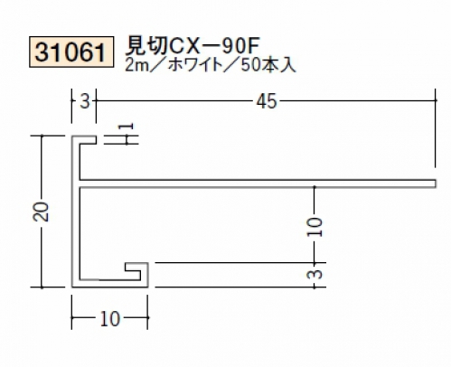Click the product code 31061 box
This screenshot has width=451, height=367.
click(71, 52)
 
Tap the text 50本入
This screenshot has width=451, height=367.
click(268, 65)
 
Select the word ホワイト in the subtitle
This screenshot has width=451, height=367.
click(195, 65)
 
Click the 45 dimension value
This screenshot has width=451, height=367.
click(267, 101)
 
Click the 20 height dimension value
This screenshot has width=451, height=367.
click(42, 212)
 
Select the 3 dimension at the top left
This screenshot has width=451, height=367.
click(85, 101)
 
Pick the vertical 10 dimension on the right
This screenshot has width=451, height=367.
click(315, 227)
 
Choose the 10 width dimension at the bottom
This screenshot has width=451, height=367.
click(110, 319)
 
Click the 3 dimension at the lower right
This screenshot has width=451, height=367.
click(315, 274)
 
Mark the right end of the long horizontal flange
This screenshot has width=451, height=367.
click(436, 183)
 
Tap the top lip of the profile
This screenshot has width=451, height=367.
click(84, 140)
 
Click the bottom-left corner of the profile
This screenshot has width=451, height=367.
click(72, 287)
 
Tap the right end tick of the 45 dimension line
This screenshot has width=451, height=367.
click(435, 100)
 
